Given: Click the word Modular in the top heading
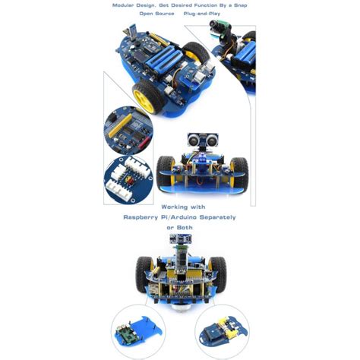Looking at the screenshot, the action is click(123, 5).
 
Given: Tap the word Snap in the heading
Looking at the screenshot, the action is click(241, 5).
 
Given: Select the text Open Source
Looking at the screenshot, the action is click(157, 14).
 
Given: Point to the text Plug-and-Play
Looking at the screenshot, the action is click(202, 14).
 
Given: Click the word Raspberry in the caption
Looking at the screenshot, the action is click(139, 217).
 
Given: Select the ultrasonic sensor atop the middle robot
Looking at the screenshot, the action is click(201, 140).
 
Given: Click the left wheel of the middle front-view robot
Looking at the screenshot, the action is click(166, 174).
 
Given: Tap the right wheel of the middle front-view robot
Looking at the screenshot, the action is click(239, 174).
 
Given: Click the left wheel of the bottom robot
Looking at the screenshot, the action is click(144, 274).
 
